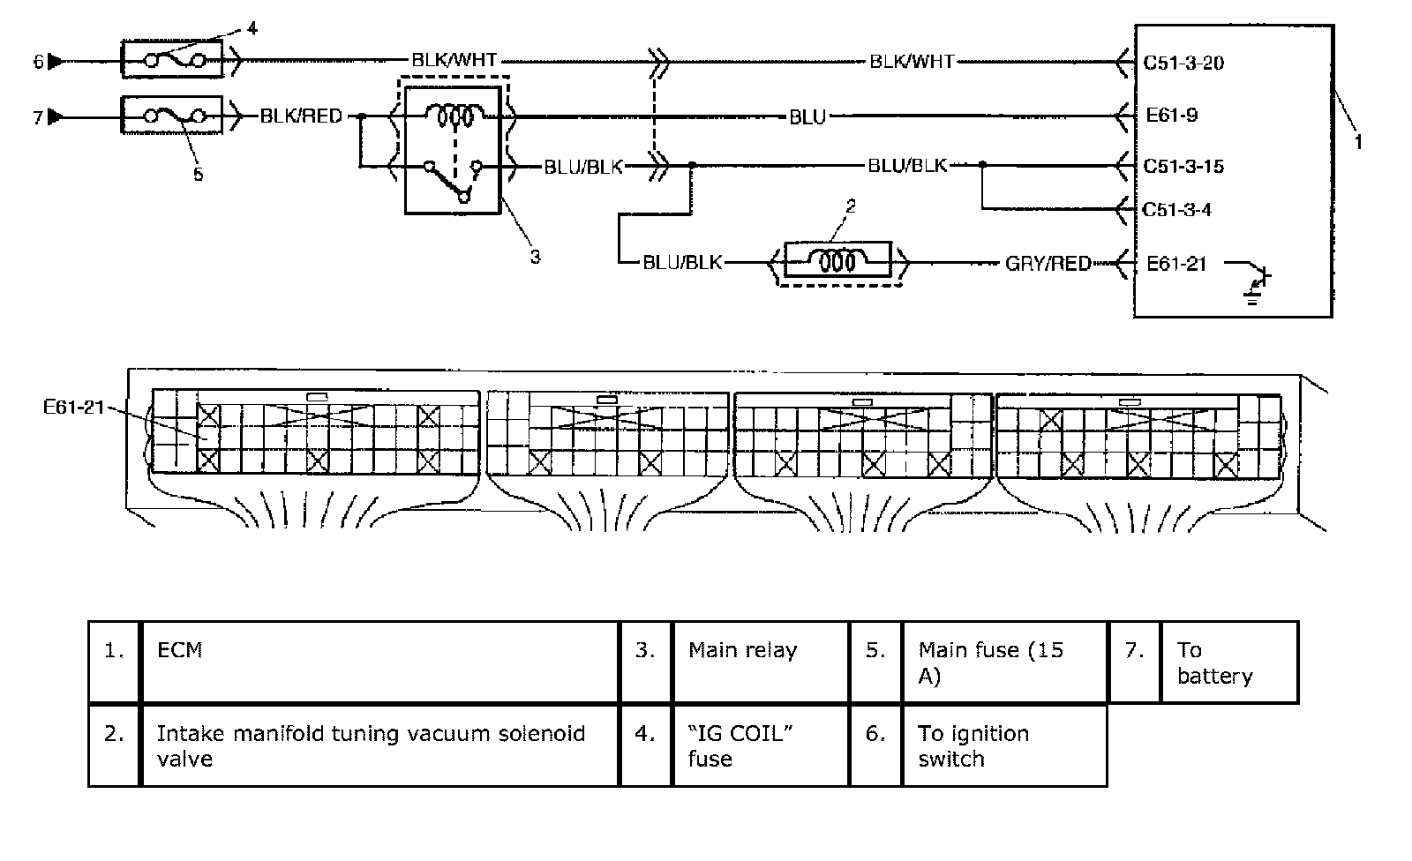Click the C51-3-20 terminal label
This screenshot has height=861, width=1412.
(x=1183, y=63)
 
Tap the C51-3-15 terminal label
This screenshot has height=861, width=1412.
(x=1183, y=166)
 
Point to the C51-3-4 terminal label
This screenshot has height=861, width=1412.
(x=1177, y=210)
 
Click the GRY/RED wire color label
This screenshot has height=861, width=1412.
(x=1048, y=264)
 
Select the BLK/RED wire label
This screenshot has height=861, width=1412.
(x=301, y=116)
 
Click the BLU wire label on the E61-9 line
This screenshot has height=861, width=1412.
(x=807, y=116)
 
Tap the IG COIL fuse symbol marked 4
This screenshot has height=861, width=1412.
(x=171, y=61)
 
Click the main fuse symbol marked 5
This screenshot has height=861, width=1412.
(x=171, y=116)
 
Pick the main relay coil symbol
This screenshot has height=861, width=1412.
(x=454, y=116)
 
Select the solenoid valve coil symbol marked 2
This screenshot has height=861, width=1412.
(x=834, y=263)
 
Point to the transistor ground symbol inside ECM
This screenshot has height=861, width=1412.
(x=1258, y=282)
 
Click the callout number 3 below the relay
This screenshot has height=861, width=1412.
(x=535, y=257)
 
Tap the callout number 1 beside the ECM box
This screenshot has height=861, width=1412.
(x=1358, y=141)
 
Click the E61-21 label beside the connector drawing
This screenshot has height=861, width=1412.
(x=73, y=407)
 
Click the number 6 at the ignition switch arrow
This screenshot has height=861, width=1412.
(x=38, y=62)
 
